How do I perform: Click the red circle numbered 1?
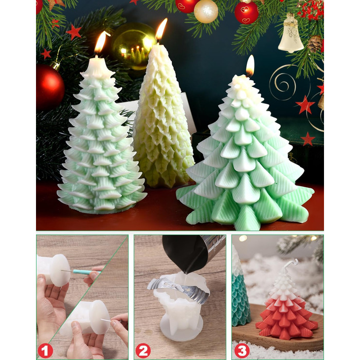pos(45,351)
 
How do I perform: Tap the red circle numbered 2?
pos(143,351)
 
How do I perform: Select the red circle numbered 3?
pos(242,351)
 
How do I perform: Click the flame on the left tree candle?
pos(100,43)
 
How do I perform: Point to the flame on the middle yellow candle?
pos(161,30)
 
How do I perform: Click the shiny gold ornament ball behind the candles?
pos(133,46)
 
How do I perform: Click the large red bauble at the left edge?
pos(49,87)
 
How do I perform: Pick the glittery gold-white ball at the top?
pos(206,11)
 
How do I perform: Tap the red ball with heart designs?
pos(246,13)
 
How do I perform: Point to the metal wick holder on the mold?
pos(178,290)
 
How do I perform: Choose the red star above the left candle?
pos(74,32)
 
